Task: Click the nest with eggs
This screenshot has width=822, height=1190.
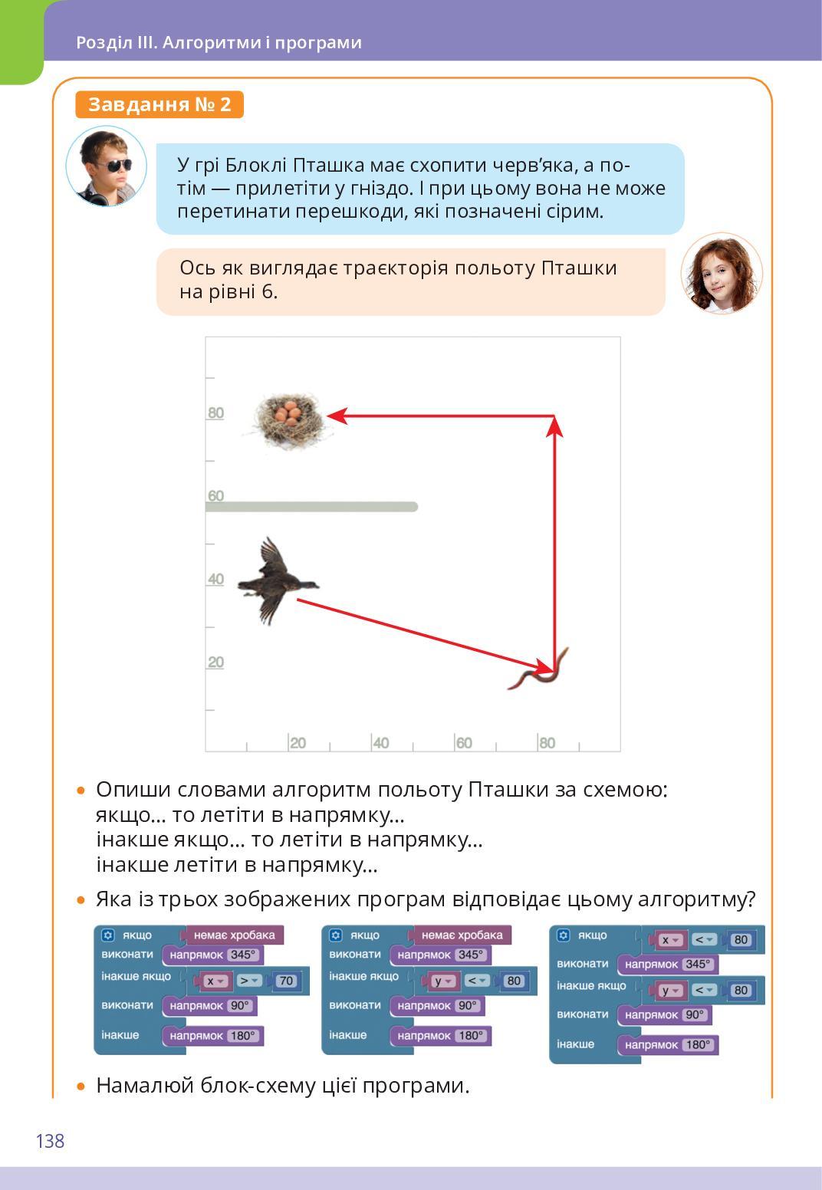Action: coord(289,419)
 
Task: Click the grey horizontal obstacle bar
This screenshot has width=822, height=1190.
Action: coord(311,507)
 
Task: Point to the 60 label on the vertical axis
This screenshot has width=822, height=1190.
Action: coord(215,495)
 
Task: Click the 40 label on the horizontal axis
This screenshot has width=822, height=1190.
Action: coord(380,742)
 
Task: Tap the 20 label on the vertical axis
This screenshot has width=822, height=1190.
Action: coord(215,662)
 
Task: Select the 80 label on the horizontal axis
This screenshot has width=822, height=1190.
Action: coord(547,742)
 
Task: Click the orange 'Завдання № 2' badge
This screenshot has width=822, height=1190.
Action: coord(159,104)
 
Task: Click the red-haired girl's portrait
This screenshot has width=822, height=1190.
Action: coord(722,274)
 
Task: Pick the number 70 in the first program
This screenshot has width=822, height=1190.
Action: coord(286,981)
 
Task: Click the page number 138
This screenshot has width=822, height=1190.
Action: coord(50,1141)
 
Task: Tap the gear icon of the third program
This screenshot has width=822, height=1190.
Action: coord(564,935)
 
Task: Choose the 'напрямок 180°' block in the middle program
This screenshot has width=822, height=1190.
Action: coord(441,1036)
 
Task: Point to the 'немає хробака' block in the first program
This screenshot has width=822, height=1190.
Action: coord(234,935)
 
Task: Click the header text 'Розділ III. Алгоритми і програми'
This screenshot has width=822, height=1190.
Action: coord(219,42)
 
